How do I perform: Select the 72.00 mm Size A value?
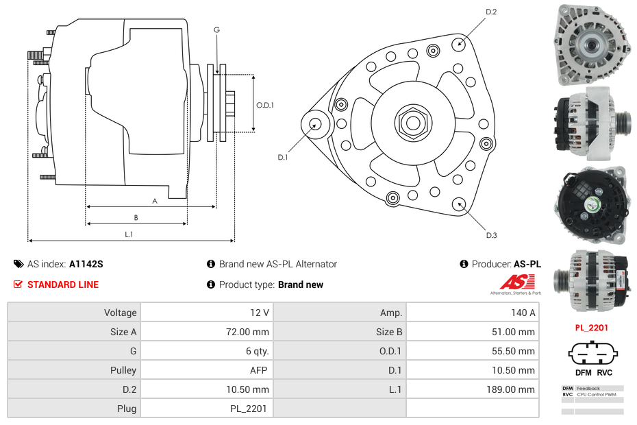click(x=250, y=332)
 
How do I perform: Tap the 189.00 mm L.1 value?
click(x=515, y=389)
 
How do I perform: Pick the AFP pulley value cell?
click(x=258, y=370)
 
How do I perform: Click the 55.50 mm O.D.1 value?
click(x=517, y=351)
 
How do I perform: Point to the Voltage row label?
click(x=120, y=313)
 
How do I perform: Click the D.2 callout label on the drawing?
click(x=491, y=12)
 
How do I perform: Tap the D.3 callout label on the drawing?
click(x=491, y=235)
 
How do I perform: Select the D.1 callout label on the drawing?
click(x=282, y=158)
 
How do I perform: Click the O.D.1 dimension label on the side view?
click(x=265, y=105)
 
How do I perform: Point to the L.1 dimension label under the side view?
click(x=129, y=234)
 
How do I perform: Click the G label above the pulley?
click(x=216, y=29)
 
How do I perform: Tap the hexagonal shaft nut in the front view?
click(x=412, y=122)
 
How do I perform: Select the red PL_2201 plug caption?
click(x=592, y=328)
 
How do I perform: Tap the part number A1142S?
click(x=86, y=264)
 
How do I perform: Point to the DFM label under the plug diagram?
click(x=583, y=372)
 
